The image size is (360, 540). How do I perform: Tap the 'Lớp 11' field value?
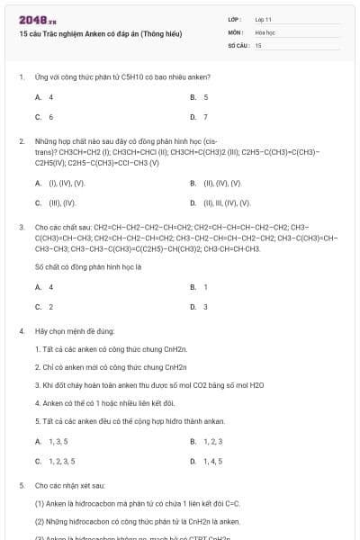(264, 19)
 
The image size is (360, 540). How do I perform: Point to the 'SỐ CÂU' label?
(237, 44)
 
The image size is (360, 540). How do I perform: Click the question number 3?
(22, 228)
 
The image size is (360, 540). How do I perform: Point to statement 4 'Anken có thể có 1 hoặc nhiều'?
(99, 402)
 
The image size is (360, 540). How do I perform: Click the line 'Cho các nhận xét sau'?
(69, 485)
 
